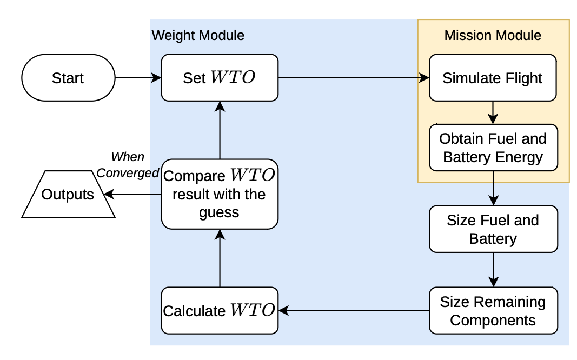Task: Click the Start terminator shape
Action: (68, 78)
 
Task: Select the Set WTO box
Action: (220, 78)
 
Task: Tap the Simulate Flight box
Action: (492, 78)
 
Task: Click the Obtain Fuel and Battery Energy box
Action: (492, 148)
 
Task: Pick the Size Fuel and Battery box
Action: (492, 229)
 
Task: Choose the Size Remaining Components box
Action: (492, 311)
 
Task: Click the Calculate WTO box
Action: (220, 311)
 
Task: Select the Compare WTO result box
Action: (220, 194)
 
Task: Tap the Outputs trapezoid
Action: (68, 195)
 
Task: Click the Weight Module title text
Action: (198, 36)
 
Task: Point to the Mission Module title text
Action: (492, 36)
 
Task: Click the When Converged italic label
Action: (128, 165)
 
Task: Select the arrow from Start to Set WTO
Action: (138, 78)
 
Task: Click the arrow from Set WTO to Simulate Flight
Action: (351, 78)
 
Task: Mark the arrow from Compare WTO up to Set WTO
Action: (220, 130)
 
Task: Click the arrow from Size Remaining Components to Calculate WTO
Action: (351, 311)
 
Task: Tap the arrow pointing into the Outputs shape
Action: (132, 194)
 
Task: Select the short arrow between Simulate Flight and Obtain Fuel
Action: (493, 112)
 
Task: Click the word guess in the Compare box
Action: (219, 212)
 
